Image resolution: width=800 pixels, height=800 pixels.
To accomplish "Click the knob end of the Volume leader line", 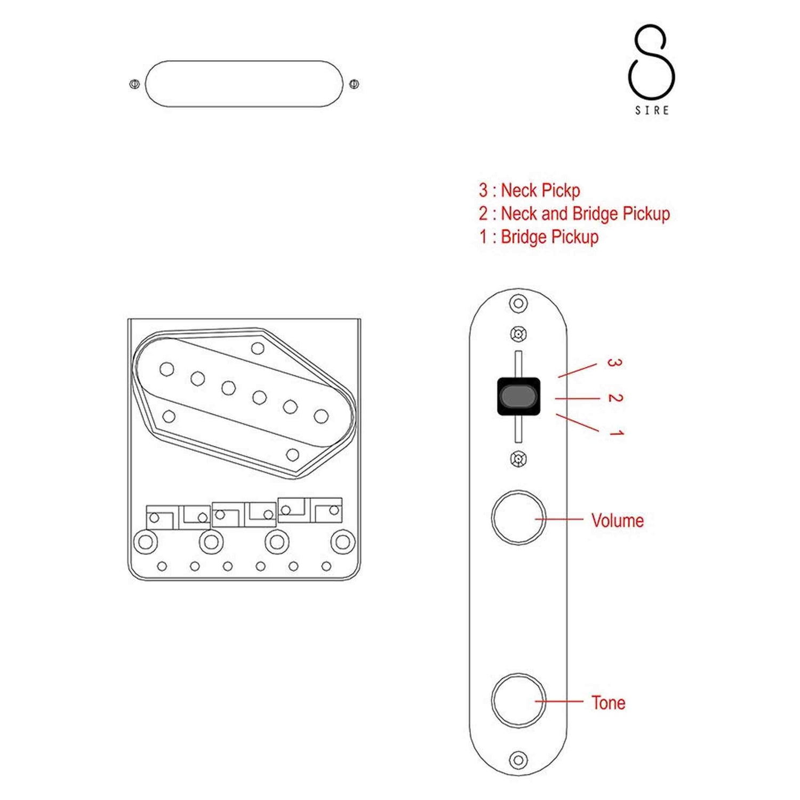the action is pyautogui.click(x=535, y=519).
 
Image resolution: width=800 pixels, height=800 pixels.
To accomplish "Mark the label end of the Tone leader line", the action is pyautogui.click(x=583, y=701).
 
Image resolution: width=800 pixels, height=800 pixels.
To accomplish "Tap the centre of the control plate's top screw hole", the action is pyautogui.click(x=518, y=303).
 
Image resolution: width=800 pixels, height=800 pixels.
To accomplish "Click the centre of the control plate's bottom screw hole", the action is pyautogui.click(x=518, y=759).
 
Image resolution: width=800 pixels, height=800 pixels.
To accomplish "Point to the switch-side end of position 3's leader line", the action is pyautogui.click(x=558, y=377).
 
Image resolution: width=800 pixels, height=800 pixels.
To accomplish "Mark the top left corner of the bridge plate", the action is pyautogui.click(x=129, y=319).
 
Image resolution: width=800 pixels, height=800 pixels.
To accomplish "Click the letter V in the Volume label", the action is pyautogui.click(x=597, y=521).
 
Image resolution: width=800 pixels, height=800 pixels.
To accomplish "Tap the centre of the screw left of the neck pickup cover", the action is pyautogui.click(x=134, y=84).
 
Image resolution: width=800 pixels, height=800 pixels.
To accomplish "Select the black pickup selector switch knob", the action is pyautogui.click(x=518, y=396).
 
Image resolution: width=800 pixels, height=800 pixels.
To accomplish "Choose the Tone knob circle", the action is pyautogui.click(x=518, y=700).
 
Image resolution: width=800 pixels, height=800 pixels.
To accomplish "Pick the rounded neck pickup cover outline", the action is pyautogui.click(x=244, y=84).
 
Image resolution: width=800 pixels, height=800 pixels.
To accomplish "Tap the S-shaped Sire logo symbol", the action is pyautogui.click(x=651, y=61).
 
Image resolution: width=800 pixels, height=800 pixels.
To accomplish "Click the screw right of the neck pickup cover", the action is pyautogui.click(x=354, y=84).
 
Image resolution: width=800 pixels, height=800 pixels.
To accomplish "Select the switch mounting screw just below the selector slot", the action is pyautogui.click(x=518, y=459).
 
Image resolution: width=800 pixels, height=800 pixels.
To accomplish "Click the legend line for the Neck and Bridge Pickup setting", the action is pyautogui.click(x=574, y=214).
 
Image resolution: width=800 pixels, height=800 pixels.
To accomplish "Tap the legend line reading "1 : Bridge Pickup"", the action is pyautogui.click(x=539, y=237).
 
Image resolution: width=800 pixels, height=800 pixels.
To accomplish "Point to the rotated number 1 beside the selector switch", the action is pyautogui.click(x=617, y=433).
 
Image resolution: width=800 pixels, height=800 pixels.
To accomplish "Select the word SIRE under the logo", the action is pyautogui.click(x=652, y=110).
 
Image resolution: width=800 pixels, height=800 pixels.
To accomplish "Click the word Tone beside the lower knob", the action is pyautogui.click(x=609, y=703).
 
